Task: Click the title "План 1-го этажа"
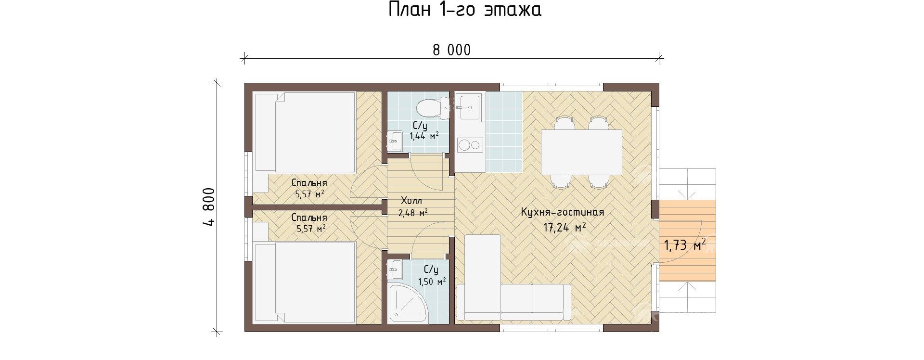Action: [465, 10]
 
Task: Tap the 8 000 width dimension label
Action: [451, 50]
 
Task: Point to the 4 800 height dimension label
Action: [209, 206]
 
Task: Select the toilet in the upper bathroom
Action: [433, 108]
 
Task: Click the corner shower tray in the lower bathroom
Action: [408, 303]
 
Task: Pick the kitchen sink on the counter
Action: [468, 107]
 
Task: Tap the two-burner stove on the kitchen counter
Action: [469, 144]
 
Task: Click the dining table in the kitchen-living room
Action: [581, 152]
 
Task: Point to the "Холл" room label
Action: [411, 201]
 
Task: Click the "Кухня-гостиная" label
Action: [562, 212]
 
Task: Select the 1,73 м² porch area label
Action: [685, 245]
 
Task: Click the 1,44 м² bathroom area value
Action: [424, 136]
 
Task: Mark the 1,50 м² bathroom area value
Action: [432, 282]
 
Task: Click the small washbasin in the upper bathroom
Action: [395, 141]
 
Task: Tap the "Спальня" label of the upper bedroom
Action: [309, 183]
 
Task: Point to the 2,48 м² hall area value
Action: [413, 213]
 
